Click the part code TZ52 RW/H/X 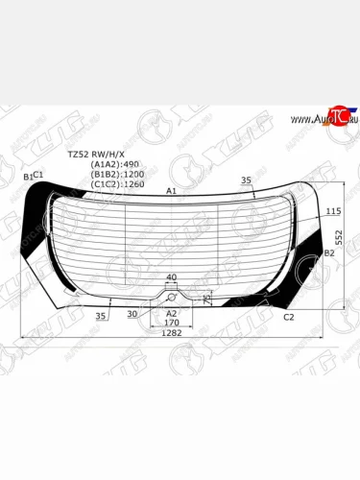pyautogui.click(x=95, y=154)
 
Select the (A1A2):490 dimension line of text pyautogui.click(x=116, y=164)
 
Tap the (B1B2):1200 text pyautogui.click(x=118, y=174)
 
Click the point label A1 pyautogui.click(x=172, y=191)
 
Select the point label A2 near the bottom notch pyautogui.click(x=171, y=313)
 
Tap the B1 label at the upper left pyautogui.click(x=28, y=177)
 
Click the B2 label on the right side pyautogui.click(x=329, y=252)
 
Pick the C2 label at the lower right pyautogui.click(x=289, y=316)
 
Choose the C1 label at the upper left pyautogui.click(x=38, y=174)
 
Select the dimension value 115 pyautogui.click(x=333, y=210)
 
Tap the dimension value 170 pyautogui.click(x=171, y=324)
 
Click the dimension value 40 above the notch pyautogui.click(x=171, y=277)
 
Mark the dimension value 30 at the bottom pyautogui.click(x=132, y=314)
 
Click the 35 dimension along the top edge pyautogui.click(x=246, y=180)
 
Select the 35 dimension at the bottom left pyautogui.click(x=101, y=315)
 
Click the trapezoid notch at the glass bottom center pyautogui.click(x=171, y=291)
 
